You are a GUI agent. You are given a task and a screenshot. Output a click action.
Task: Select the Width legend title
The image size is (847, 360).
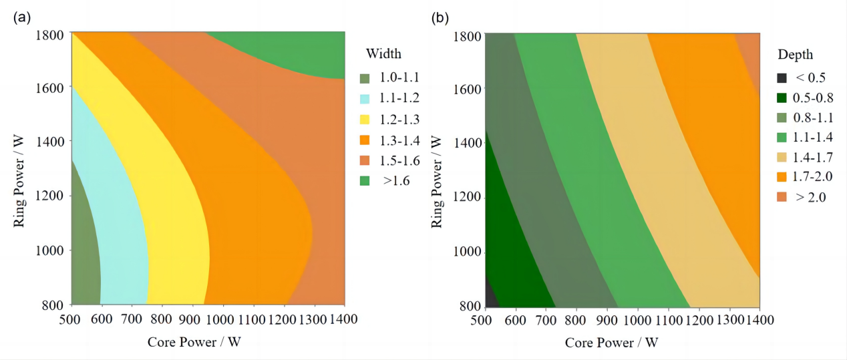tap(384, 54)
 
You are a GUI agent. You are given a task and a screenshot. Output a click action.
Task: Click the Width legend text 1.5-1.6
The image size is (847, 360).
tap(398, 160)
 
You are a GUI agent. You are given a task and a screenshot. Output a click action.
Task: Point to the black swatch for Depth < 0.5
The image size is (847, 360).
tap(782, 77)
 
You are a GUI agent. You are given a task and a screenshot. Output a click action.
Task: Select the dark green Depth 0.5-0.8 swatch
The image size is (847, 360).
tap(782, 98)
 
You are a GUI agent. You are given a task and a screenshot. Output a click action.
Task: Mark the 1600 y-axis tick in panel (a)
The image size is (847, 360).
tap(50, 87)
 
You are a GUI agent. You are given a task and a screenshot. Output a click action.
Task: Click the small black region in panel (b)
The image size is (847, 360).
tap(489, 297)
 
